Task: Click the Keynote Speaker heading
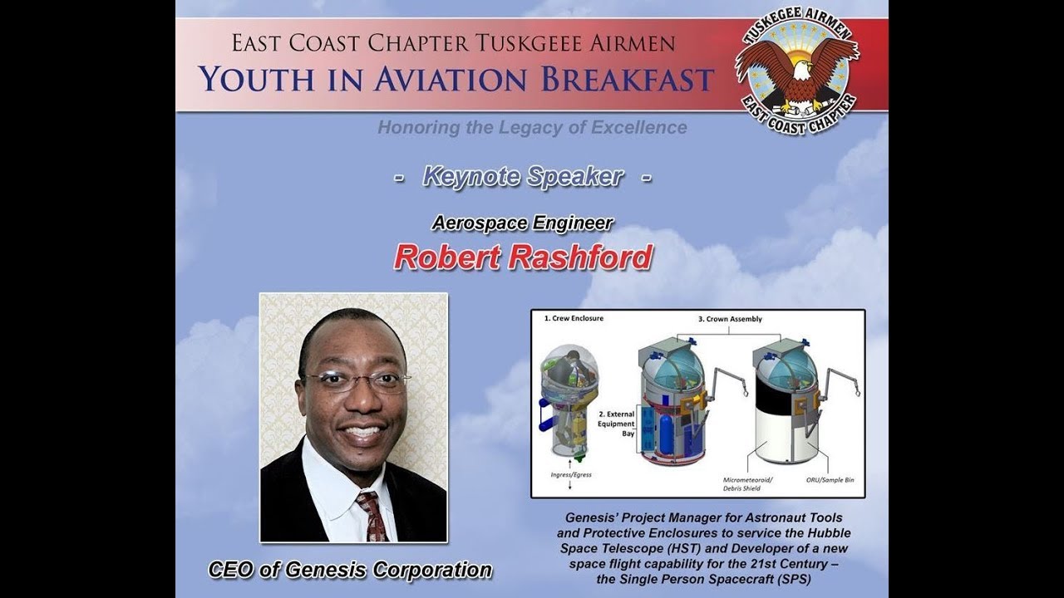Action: click(x=522, y=176)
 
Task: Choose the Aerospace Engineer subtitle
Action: click(x=522, y=223)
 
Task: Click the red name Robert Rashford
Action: click(x=522, y=257)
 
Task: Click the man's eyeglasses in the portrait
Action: click(x=356, y=380)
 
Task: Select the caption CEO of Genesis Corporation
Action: click(x=350, y=570)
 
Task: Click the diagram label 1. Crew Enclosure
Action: click(x=574, y=319)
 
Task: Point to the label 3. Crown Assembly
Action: click(x=730, y=319)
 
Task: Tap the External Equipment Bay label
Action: click(x=616, y=423)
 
